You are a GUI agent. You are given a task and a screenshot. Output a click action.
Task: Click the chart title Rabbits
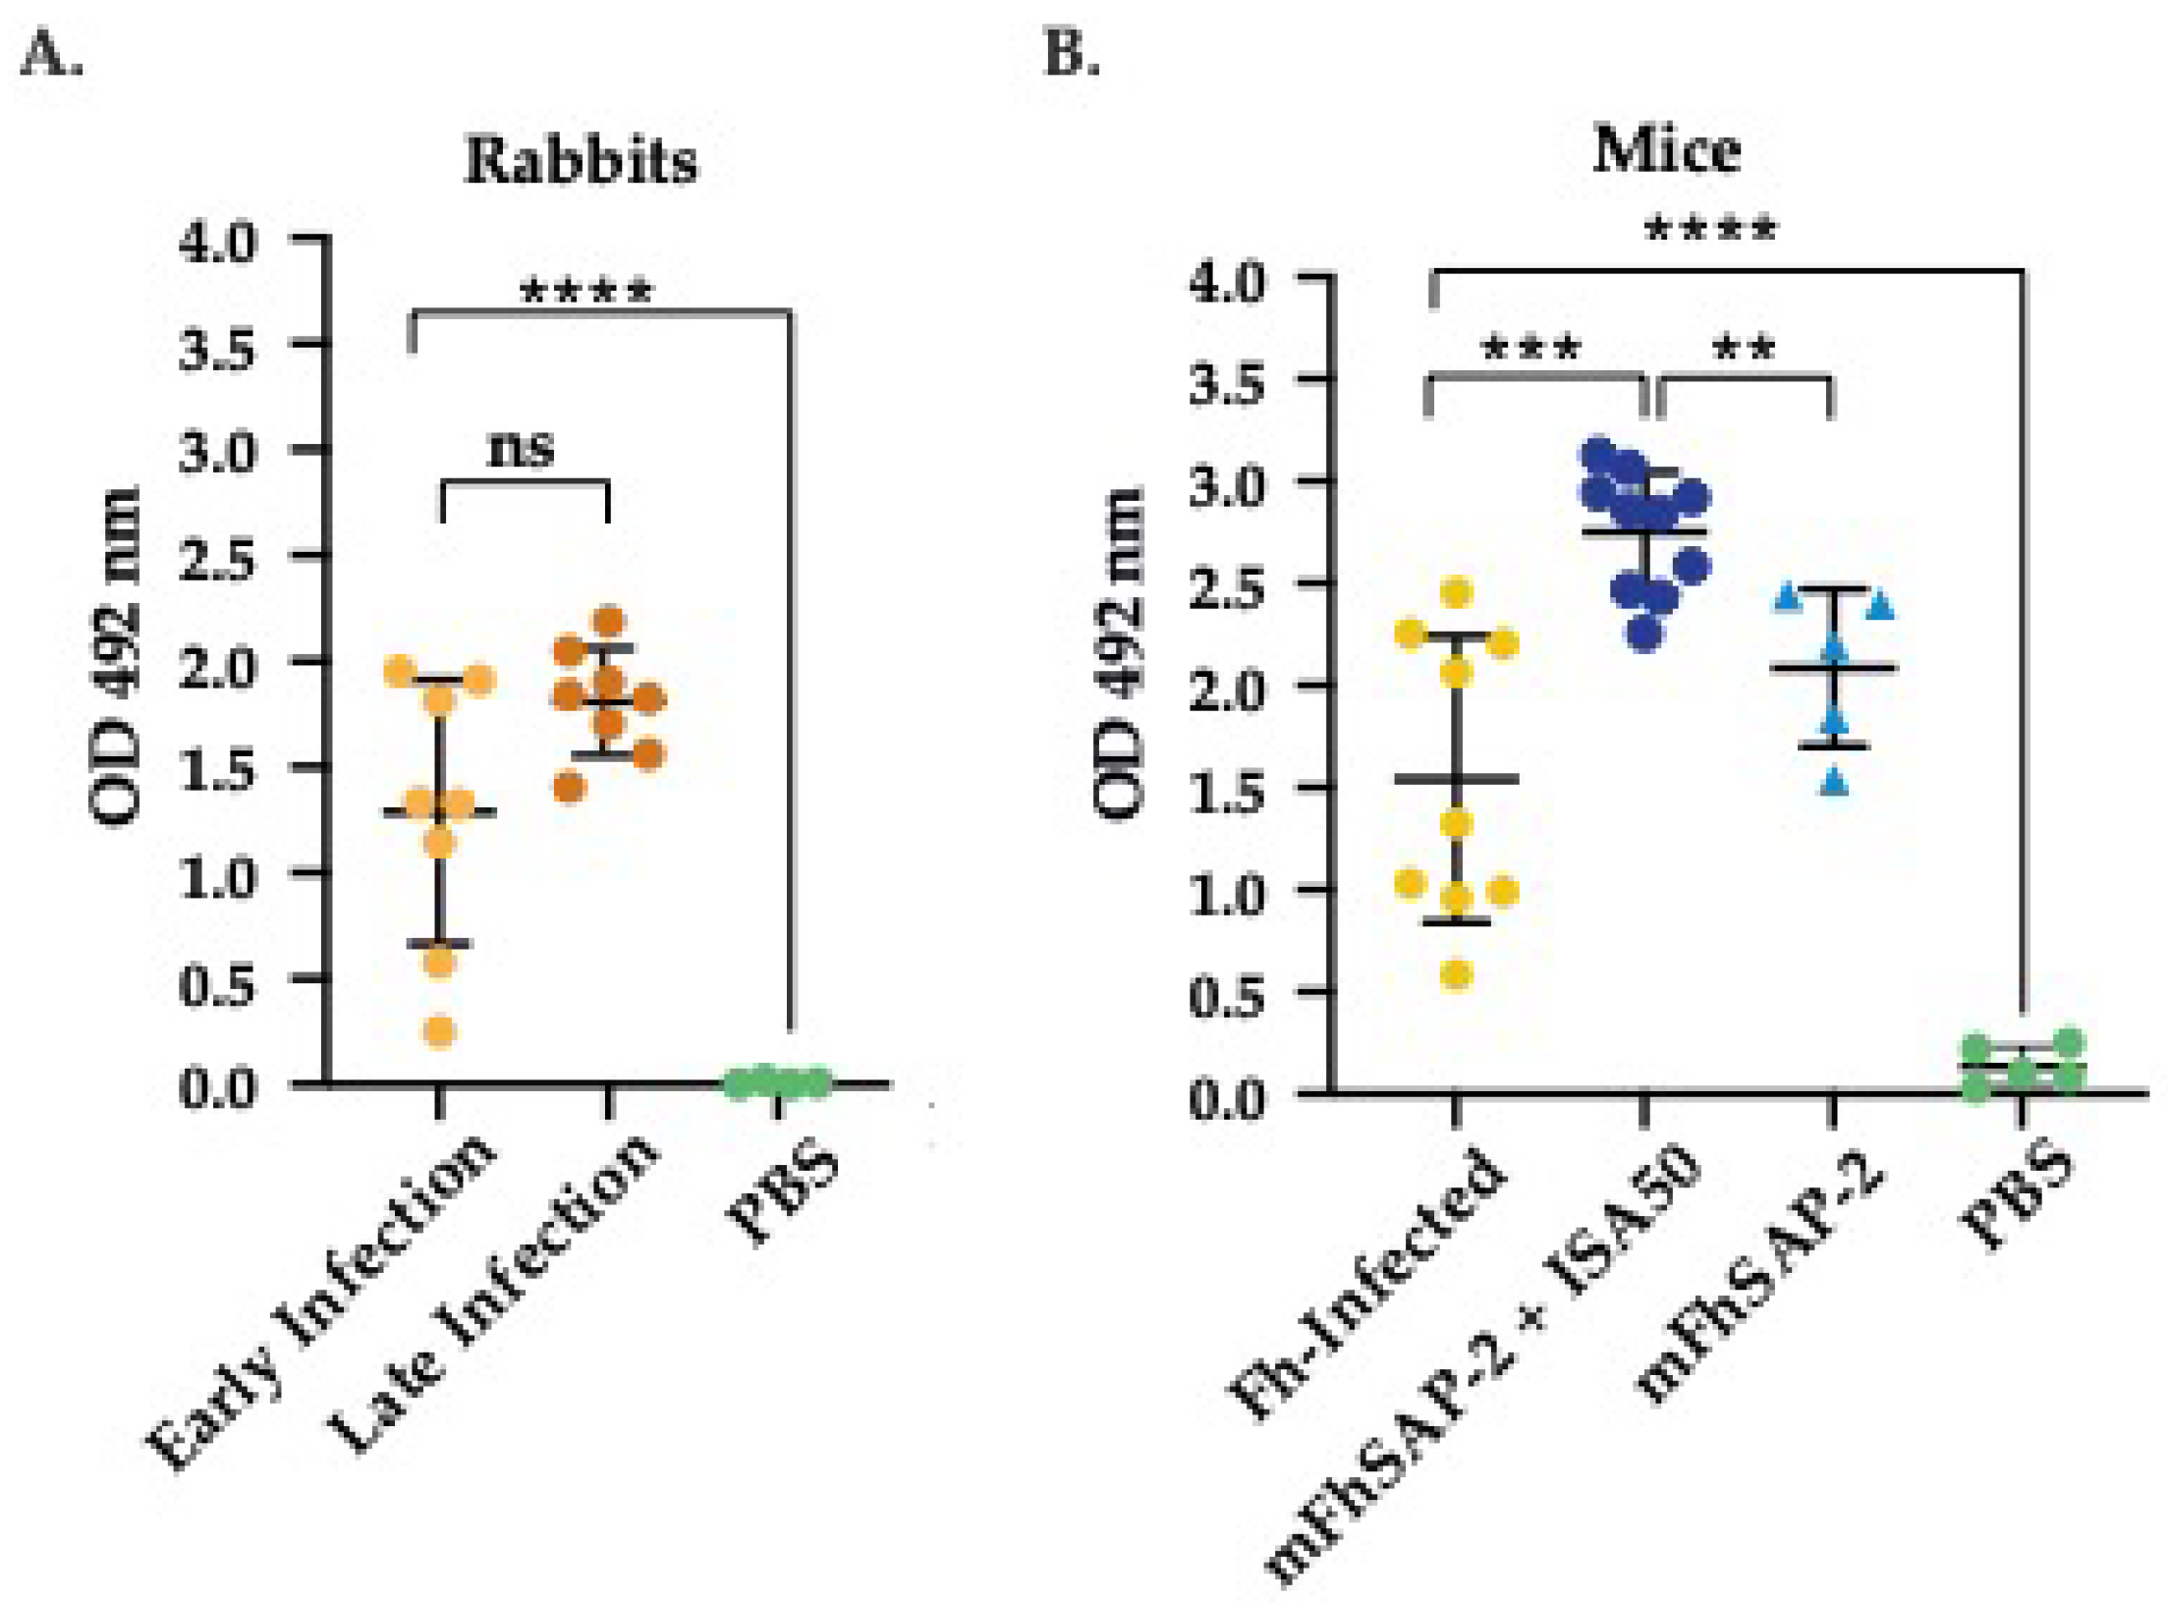581,160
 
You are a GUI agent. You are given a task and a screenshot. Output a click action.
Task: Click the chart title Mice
1666,151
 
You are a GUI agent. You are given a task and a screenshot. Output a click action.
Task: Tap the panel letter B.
1071,54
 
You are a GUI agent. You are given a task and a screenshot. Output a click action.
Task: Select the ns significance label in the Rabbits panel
521,449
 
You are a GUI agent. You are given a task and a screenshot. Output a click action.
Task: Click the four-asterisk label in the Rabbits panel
585,292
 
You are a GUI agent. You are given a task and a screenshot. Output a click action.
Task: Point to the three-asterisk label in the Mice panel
1530,348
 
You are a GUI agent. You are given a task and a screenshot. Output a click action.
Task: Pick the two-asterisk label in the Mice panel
1744,348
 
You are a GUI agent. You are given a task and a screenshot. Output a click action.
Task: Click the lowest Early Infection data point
439,1031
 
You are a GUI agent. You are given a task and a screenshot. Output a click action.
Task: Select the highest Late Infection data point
609,621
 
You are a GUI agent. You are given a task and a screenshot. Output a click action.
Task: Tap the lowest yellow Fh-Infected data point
1456,975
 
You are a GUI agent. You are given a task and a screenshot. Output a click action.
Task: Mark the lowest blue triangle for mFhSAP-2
1834,783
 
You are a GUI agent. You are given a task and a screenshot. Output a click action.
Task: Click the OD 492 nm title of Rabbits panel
115,655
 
